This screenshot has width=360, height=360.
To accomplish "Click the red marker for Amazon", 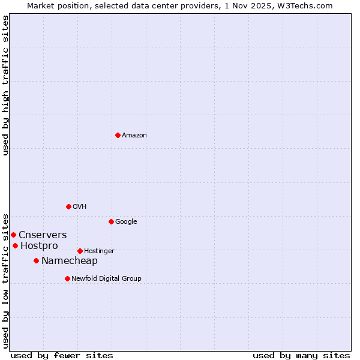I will pos(118,135).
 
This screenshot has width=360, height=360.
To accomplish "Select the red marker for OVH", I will pos(68,206).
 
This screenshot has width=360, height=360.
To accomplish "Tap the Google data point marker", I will pos(111,221).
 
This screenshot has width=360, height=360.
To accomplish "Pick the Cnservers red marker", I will pos(13,235).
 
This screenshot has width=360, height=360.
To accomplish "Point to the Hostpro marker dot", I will pos(15,245).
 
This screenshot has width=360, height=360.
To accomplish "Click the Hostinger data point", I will pos(80,251).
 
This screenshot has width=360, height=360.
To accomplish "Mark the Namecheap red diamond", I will pos(36,260).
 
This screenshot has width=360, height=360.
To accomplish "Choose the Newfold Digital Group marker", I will pos(67,278).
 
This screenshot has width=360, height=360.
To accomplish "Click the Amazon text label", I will pos(134,135).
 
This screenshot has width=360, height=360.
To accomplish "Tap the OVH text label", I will pos(80,206).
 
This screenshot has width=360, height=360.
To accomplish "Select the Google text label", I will pos(126,221).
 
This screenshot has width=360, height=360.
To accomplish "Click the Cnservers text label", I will pos(43,235).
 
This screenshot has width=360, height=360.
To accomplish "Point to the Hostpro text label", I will pos(39,245).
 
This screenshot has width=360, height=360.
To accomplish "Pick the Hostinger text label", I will pos(99,251).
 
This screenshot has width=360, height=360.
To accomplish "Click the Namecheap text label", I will pos(70,260).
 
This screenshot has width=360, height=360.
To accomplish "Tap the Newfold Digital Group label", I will pos(106,278).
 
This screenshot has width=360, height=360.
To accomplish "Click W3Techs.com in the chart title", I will pos(310,5).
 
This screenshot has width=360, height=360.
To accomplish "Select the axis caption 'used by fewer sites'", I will pos(62,355).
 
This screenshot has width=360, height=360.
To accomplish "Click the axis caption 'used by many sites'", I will pos(301,355).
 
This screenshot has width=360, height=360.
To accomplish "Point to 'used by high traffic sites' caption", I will pos(5,85).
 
